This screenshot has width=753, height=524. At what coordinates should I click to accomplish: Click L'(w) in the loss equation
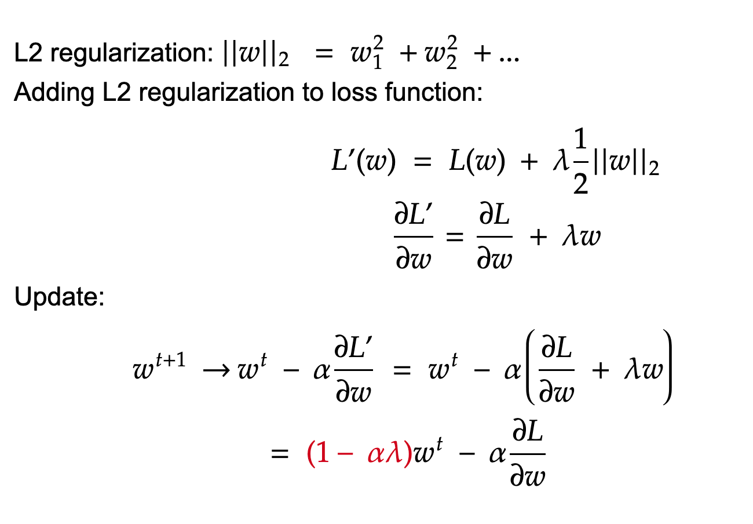(363, 163)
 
